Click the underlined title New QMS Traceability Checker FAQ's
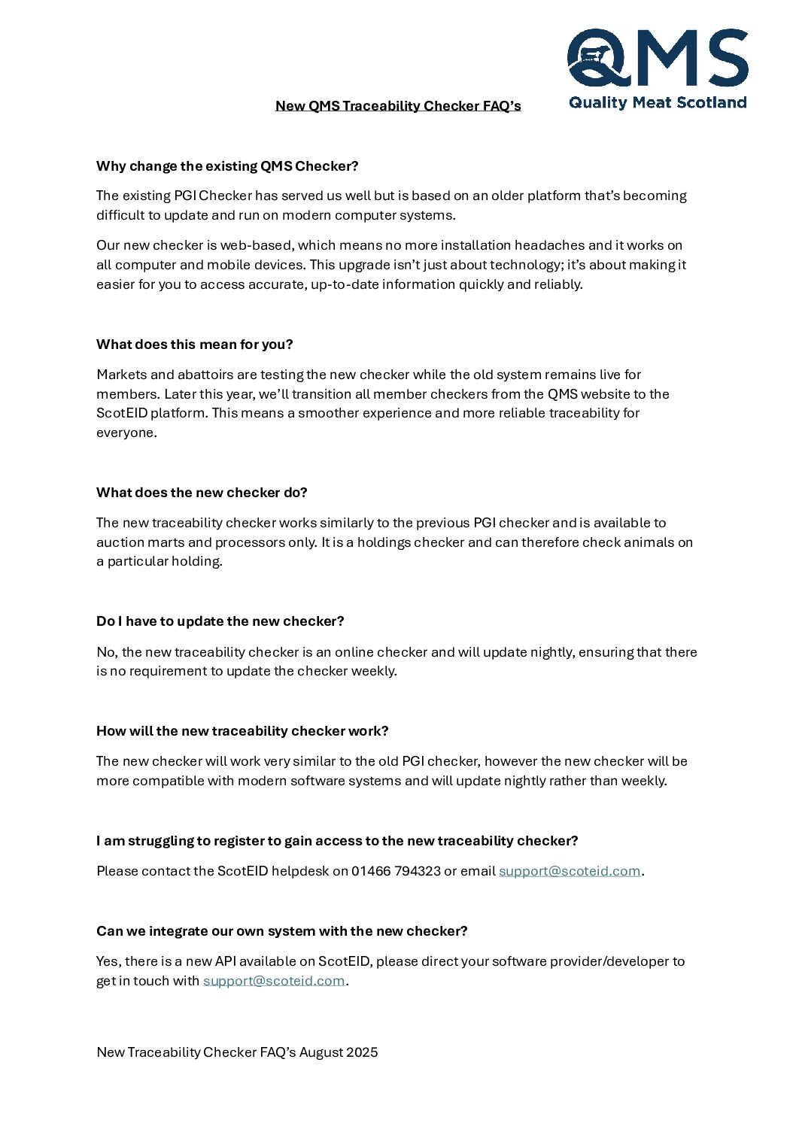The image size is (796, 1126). (x=398, y=105)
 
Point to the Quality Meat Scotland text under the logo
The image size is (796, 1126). (x=658, y=102)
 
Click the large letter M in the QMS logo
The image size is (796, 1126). (x=666, y=58)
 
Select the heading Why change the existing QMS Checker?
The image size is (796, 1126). (x=227, y=166)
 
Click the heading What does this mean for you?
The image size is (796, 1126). (x=194, y=344)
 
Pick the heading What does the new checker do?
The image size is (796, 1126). (x=202, y=493)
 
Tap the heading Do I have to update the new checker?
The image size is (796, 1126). (x=220, y=621)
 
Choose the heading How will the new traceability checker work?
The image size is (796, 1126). (x=242, y=731)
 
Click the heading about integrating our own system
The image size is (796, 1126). (x=281, y=931)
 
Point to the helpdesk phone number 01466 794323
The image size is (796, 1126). (x=396, y=871)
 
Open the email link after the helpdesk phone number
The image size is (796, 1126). (x=570, y=871)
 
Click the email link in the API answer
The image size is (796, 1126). (x=274, y=981)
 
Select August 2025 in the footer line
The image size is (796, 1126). (x=339, y=1052)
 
